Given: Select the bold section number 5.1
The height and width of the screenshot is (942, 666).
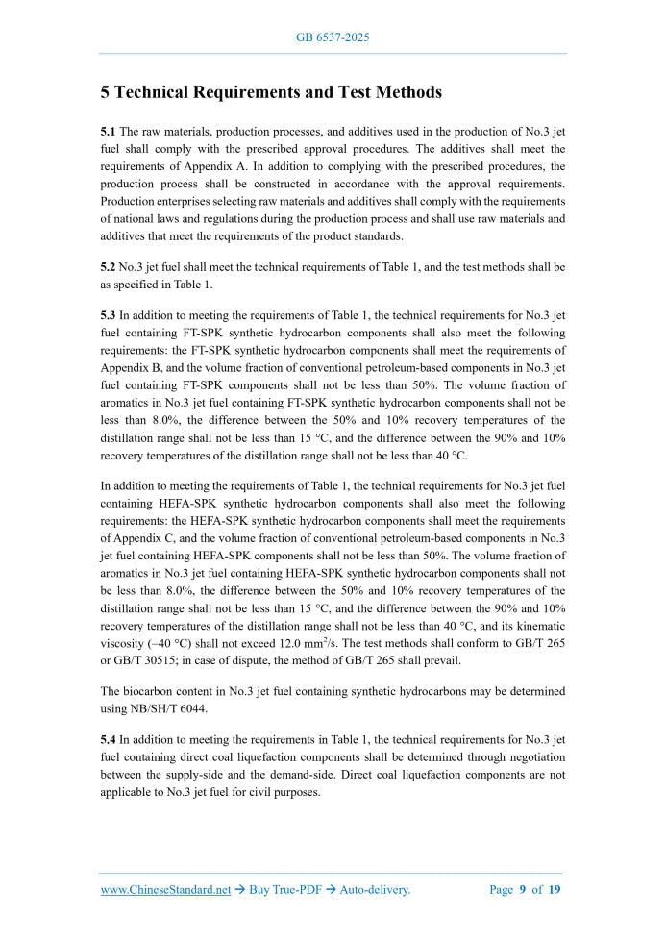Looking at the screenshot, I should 109,131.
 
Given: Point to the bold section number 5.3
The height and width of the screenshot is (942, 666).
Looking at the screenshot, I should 109,313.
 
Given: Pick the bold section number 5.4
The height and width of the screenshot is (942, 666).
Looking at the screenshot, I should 109,739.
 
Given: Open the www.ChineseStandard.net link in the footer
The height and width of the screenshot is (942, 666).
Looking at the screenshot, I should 165,890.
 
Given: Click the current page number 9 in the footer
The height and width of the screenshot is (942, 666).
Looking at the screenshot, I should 523,890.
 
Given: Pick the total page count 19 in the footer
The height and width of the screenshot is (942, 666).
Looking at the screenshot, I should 555,890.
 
